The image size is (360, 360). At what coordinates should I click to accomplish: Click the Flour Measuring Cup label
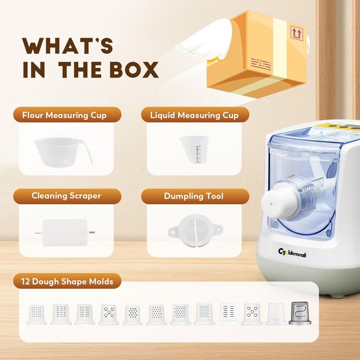click(x=64, y=115)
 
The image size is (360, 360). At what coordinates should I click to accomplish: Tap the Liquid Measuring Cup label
click(x=194, y=115)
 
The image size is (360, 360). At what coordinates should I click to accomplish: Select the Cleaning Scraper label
click(x=66, y=196)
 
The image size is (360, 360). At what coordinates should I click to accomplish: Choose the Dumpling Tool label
click(x=193, y=196)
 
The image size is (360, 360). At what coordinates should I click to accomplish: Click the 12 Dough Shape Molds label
click(x=67, y=282)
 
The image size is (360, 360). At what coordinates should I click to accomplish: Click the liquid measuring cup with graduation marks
click(x=194, y=149)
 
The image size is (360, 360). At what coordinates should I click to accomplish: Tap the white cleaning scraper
click(x=65, y=232)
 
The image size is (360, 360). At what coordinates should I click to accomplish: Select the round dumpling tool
click(x=195, y=231)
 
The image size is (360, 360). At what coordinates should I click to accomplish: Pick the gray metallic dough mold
click(x=300, y=313)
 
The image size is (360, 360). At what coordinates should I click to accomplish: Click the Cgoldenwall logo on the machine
click(x=292, y=253)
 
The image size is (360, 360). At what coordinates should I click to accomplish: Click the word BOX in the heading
click(x=134, y=70)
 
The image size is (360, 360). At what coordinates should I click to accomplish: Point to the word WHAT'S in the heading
click(x=67, y=46)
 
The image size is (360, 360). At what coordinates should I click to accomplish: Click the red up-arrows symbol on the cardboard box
click(x=297, y=33)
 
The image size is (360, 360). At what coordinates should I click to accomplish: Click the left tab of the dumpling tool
click(x=174, y=231)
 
